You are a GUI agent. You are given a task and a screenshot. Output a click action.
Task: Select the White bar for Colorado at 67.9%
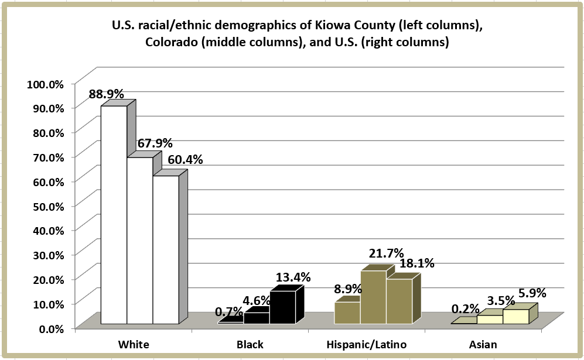click(140, 240)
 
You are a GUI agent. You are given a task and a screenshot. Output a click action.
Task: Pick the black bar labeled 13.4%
click(282, 307)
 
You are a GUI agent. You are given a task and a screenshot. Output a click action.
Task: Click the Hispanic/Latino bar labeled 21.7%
click(373, 297)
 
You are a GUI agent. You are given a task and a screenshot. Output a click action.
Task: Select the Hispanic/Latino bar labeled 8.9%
click(347, 313)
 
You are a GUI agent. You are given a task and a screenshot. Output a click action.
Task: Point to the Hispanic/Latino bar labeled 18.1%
click(399, 301)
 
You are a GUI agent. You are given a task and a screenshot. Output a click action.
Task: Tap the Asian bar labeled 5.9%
click(515, 316)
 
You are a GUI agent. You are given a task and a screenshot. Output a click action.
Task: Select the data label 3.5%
click(501, 301)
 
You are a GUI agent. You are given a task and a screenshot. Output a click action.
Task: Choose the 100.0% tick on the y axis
click(45, 84)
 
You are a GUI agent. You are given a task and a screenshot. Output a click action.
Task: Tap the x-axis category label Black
click(250, 344)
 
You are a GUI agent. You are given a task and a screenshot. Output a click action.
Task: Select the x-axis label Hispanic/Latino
click(366, 344)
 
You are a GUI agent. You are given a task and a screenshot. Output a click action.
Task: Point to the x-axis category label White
click(133, 344)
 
